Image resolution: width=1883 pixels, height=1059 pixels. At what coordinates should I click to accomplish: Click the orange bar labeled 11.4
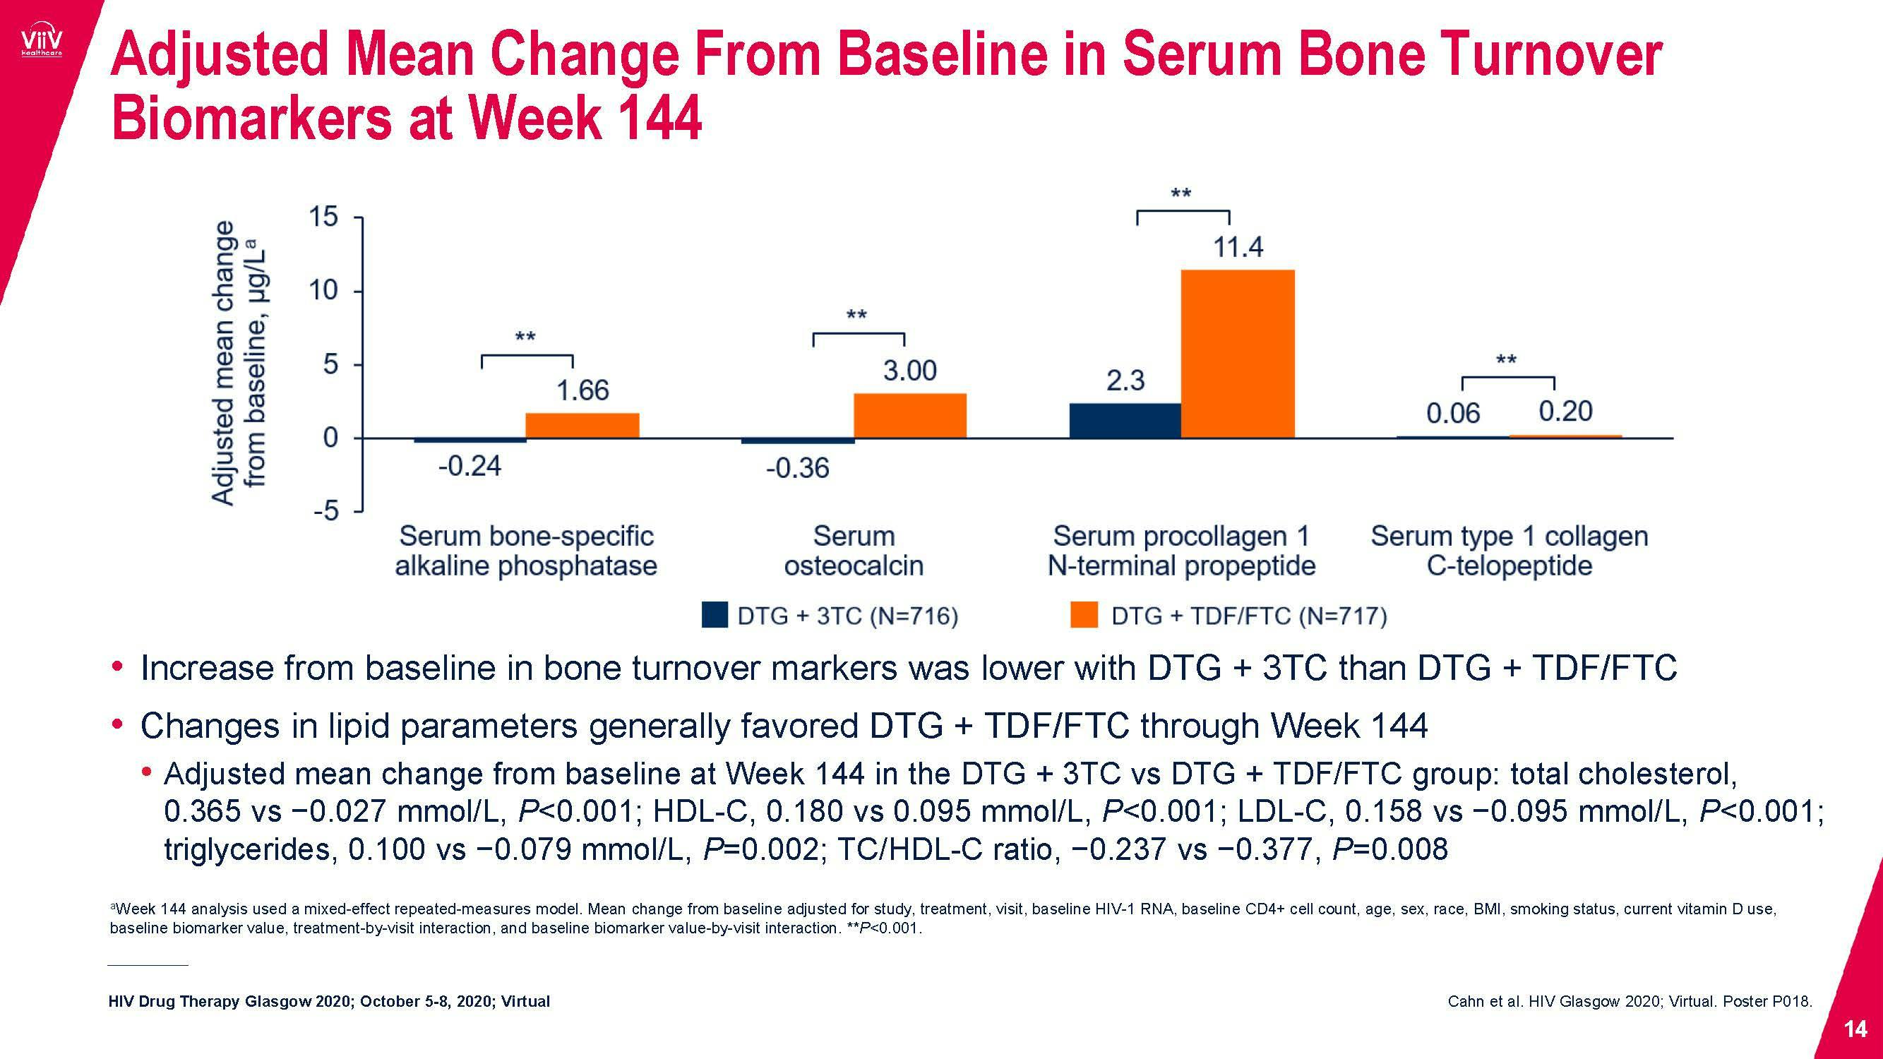(x=1238, y=354)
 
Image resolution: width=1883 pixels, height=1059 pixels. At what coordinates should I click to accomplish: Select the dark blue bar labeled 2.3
(x=1125, y=420)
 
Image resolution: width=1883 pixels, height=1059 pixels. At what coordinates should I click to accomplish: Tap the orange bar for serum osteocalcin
(x=910, y=416)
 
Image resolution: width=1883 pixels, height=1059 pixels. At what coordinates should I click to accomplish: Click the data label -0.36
(x=798, y=469)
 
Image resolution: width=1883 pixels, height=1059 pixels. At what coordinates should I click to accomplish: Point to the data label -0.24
(x=470, y=466)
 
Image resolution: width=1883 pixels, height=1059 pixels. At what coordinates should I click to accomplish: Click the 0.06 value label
(x=1452, y=414)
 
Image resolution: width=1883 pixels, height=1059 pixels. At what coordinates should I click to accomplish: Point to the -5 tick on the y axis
(x=326, y=511)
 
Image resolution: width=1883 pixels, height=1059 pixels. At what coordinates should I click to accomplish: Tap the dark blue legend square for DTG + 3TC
(x=715, y=616)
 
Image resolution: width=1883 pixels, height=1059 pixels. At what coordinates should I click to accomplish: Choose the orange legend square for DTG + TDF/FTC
(x=1083, y=616)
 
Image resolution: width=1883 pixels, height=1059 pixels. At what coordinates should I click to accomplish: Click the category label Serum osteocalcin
(x=854, y=551)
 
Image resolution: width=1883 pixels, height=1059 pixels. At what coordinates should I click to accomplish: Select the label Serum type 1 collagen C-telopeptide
(x=1509, y=551)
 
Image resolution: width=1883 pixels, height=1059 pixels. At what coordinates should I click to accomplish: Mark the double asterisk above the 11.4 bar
(x=1181, y=193)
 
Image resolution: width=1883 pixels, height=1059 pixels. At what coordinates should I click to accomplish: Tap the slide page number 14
(x=1855, y=1029)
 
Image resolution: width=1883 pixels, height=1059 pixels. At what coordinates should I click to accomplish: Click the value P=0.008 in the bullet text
(x=1389, y=849)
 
